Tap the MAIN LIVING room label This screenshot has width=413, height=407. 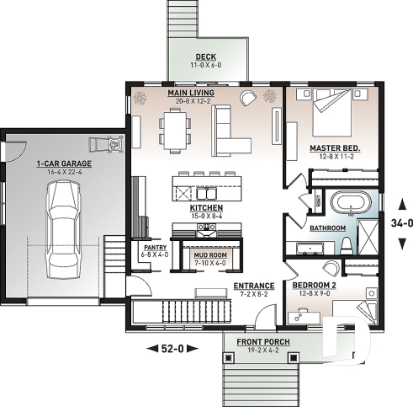click(190, 93)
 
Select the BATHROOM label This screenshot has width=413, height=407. click(327, 228)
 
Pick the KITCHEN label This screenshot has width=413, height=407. click(205, 207)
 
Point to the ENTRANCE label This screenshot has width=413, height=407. click(253, 286)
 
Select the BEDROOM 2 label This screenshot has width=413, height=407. click(315, 286)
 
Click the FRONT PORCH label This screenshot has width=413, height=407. click(257, 342)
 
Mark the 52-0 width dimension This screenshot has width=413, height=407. click(172, 347)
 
